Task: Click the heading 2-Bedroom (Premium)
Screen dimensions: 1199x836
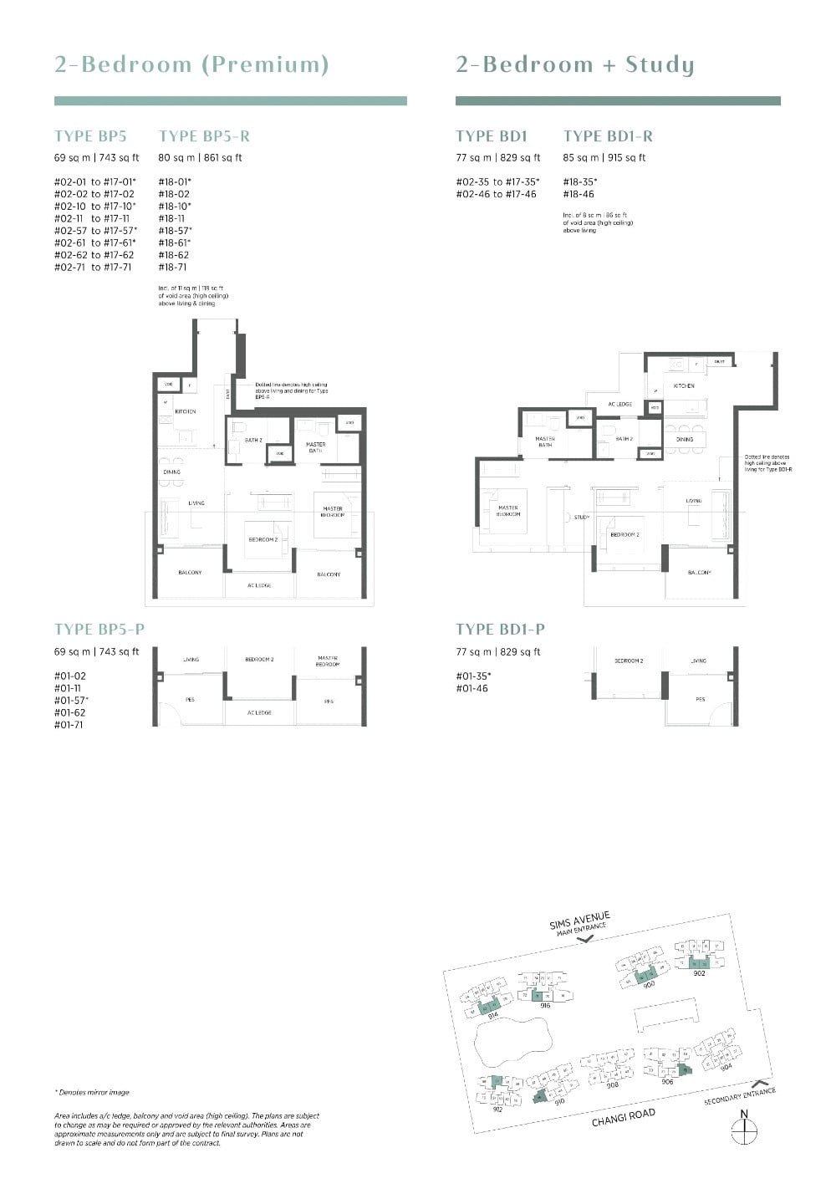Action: pyautogui.click(x=191, y=65)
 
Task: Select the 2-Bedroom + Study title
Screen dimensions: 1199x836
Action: pyautogui.click(x=574, y=65)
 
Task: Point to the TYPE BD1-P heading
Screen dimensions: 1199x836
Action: pyautogui.click(x=500, y=630)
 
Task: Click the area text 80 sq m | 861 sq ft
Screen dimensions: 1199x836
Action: pyautogui.click(x=200, y=157)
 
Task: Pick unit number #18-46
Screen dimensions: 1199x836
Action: pyautogui.click(x=579, y=194)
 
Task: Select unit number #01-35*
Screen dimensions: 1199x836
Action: pyautogui.click(x=473, y=676)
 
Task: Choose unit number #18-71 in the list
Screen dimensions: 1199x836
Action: pyautogui.click(x=172, y=268)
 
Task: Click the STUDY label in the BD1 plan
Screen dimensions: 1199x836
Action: pyautogui.click(x=582, y=518)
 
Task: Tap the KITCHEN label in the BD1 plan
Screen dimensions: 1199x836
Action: pyautogui.click(x=684, y=386)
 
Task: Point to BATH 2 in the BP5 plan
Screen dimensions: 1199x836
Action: pyautogui.click(x=253, y=440)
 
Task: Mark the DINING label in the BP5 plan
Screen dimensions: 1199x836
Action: pyautogui.click(x=171, y=472)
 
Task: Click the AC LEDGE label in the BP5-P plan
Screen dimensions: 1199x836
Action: pyautogui.click(x=258, y=712)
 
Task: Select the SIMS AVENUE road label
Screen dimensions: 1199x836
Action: pyautogui.click(x=580, y=920)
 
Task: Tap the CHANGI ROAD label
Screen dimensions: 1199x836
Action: pyautogui.click(x=623, y=1117)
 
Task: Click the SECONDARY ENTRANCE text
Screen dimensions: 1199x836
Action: pyautogui.click(x=740, y=1097)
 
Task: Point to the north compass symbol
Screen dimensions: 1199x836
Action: pyautogui.click(x=743, y=1130)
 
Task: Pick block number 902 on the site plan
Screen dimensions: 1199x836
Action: pyautogui.click(x=699, y=972)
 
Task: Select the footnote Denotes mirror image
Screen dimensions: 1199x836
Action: pyautogui.click(x=92, y=1092)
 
